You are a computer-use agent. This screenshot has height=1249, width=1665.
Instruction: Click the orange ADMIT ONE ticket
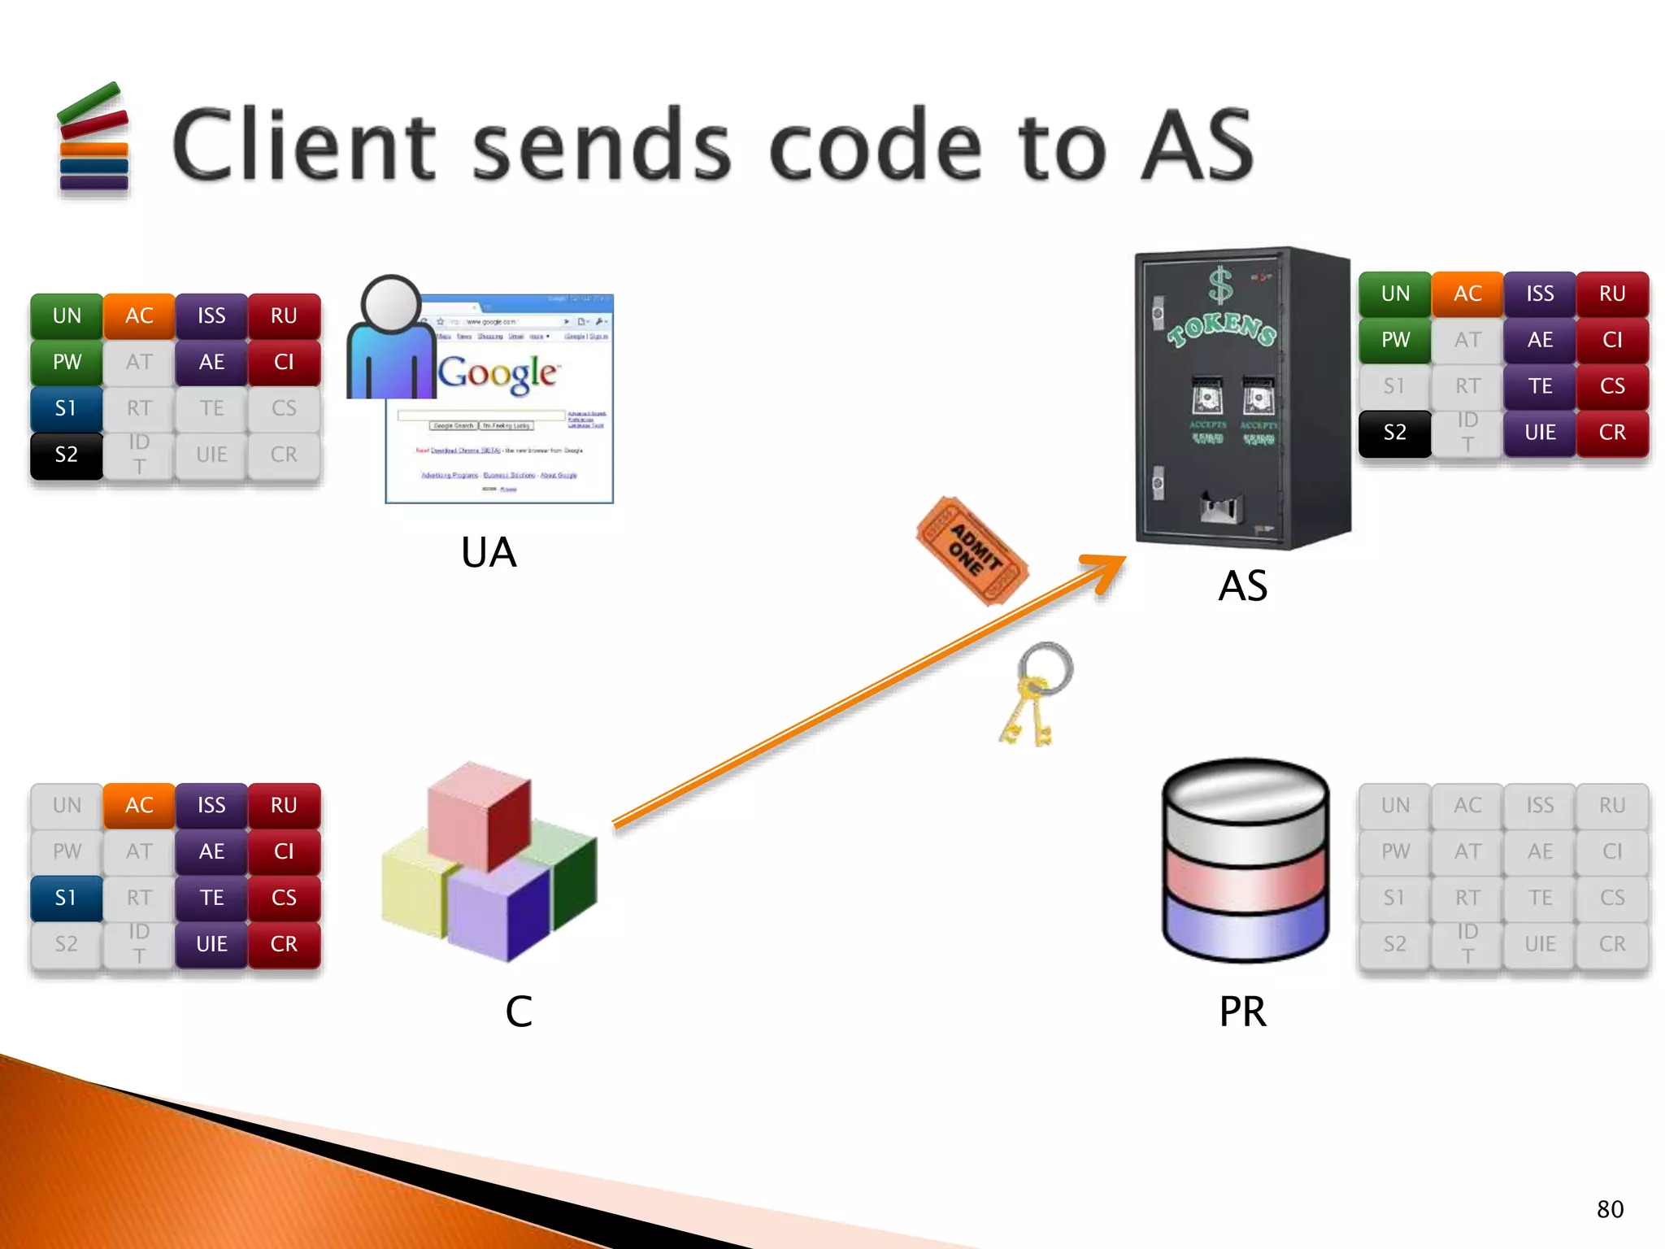coord(972,551)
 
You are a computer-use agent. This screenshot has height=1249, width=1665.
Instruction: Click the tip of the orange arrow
coord(1122,559)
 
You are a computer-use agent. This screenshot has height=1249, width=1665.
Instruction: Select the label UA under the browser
coord(489,553)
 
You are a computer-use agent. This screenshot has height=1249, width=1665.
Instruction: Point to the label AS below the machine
coord(1242,585)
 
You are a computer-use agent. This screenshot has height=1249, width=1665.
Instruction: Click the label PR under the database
coord(1242,1012)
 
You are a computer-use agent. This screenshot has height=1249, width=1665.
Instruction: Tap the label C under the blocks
coord(519,1012)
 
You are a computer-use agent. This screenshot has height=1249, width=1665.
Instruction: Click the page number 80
coord(1610,1209)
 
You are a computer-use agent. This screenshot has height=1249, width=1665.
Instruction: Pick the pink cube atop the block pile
coord(480,813)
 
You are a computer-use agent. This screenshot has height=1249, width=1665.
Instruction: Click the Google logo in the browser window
coord(498,374)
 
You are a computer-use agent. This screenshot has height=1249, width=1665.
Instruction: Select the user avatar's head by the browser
coord(391,303)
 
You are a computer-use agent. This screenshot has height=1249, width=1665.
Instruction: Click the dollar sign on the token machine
coord(1219,286)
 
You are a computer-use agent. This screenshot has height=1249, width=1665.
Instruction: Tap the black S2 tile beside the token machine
coord(1394,433)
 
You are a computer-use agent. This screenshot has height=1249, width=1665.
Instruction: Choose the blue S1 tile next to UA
coord(67,408)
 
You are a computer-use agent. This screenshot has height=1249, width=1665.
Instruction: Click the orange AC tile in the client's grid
coord(139,805)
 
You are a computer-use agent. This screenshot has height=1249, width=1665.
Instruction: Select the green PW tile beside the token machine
coord(1394,340)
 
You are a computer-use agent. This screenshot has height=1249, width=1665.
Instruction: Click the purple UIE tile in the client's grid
coord(211,944)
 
